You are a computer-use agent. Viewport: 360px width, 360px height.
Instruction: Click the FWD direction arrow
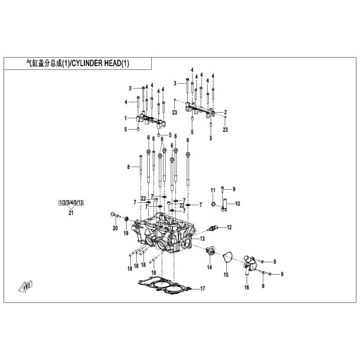[26, 286]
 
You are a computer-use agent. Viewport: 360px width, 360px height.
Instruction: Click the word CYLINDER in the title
[86, 63]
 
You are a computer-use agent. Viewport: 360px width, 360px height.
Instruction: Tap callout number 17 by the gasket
[202, 289]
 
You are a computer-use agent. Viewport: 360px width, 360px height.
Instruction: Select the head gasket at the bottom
[165, 286]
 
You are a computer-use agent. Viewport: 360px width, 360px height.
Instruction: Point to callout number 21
[71, 212]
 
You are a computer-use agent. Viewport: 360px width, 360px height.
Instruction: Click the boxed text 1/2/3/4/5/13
[71, 203]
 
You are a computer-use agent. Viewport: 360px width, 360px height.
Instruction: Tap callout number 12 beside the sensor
[229, 227]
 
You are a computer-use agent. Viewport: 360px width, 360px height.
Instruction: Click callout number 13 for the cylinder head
[202, 239]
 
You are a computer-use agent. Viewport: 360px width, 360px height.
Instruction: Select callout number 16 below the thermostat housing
[246, 287]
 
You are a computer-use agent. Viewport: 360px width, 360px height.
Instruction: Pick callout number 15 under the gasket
[226, 275]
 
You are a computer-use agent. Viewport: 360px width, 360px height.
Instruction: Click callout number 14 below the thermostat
[209, 267]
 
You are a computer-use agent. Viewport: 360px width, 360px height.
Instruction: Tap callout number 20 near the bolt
[115, 228]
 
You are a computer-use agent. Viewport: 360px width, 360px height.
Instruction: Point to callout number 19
[126, 233]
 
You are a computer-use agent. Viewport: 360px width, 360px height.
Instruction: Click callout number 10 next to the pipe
[238, 204]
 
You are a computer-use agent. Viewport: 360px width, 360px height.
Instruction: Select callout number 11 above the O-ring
[213, 190]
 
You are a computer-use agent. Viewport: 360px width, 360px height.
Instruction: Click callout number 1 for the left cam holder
[125, 118]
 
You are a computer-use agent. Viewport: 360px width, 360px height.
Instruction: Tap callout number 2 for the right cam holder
[225, 112]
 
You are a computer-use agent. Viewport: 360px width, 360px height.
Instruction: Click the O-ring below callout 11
[213, 204]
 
